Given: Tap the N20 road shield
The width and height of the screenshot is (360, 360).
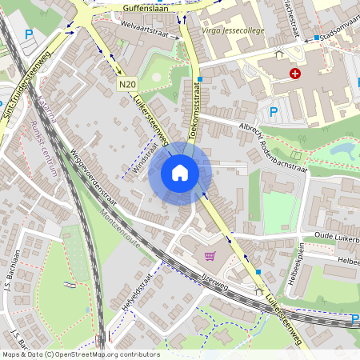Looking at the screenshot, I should tap(126, 84).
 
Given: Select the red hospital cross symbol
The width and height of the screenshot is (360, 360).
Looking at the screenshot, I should tap(296, 74).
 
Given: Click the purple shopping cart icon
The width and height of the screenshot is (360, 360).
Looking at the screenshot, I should tap(210, 256).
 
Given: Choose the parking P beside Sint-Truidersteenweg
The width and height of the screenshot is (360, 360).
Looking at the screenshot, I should tap(29, 35).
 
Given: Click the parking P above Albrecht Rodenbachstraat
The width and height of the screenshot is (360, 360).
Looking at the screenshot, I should tap(274, 112).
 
